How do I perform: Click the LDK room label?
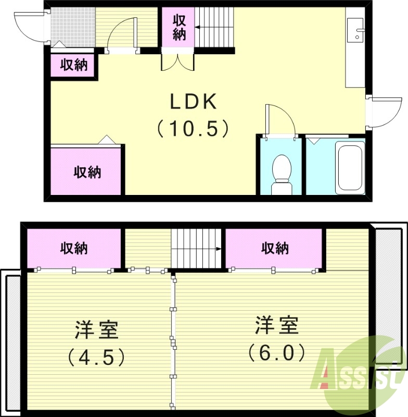coord(193,102)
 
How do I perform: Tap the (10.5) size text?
coord(193,128)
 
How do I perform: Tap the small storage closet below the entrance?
coord(73,66)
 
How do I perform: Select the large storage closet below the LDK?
coord(86,171)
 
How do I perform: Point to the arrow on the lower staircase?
coord(219,249)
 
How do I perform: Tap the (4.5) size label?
coord(96,357)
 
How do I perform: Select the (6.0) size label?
coord(276,353)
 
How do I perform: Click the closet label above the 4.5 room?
coord(73,248)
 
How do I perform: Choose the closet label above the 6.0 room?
coord(274,248)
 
